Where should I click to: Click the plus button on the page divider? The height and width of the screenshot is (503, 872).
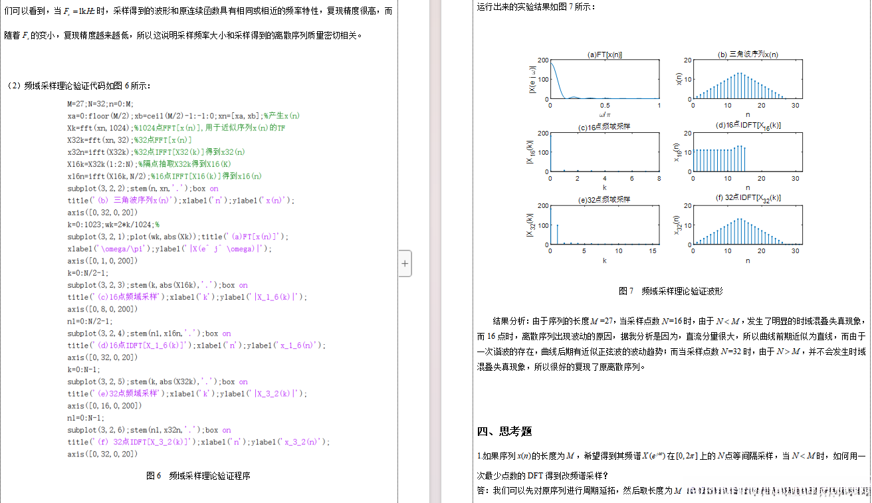point(405,263)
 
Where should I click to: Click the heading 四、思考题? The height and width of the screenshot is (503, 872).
point(504,431)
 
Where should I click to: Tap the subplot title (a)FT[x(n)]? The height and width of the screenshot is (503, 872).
point(605,55)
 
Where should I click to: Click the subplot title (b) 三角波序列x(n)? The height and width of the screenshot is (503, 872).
point(748,55)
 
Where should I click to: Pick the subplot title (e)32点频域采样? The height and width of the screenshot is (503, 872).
point(604,199)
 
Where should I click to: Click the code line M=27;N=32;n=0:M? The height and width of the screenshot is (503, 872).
point(100,104)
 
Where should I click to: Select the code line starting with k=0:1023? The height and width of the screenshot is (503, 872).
point(113,225)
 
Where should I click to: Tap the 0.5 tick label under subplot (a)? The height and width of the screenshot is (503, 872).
point(604,106)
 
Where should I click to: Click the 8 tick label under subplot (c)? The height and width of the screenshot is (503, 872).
point(659,178)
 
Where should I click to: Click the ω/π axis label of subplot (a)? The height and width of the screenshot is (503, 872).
point(604,116)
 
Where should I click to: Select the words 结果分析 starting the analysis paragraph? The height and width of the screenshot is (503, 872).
point(510,319)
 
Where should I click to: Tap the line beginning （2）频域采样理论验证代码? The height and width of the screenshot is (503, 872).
point(79,86)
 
